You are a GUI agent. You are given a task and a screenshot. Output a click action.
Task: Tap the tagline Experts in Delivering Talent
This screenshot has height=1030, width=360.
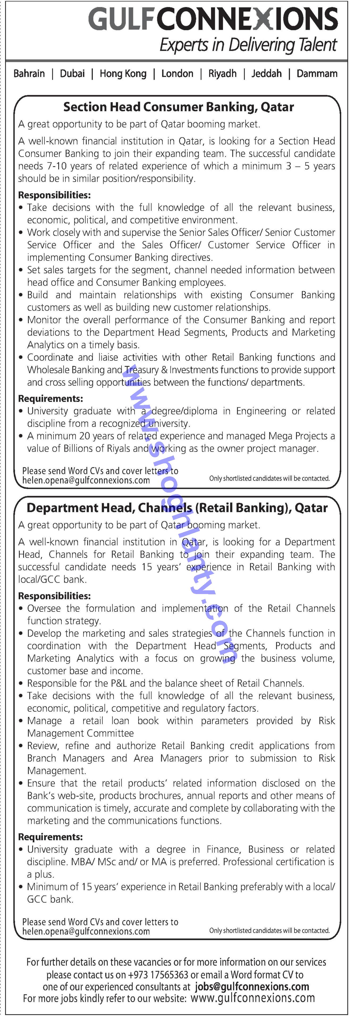[x=248, y=45]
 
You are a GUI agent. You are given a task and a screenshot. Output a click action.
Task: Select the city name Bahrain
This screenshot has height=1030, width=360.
[x=29, y=74]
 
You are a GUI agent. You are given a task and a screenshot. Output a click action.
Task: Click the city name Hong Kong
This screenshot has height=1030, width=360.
[x=123, y=74]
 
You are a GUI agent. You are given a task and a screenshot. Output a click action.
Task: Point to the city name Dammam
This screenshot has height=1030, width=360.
[x=317, y=74]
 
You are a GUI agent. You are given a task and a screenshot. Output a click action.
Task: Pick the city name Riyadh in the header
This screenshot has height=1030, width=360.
[x=222, y=74]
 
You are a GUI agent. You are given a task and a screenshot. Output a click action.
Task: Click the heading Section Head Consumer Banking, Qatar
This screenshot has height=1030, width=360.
[x=178, y=107]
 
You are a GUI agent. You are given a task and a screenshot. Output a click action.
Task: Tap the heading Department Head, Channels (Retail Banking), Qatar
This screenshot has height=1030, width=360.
[x=177, y=508]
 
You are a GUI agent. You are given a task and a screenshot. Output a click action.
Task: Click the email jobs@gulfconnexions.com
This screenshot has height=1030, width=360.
[x=252, y=987]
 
